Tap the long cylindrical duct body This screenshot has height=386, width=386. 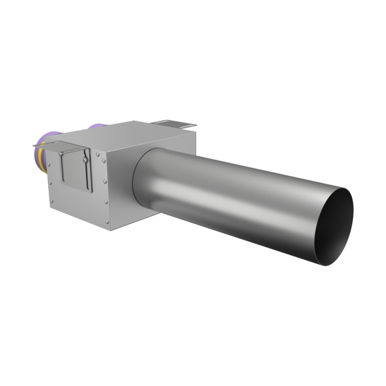coord(237,196)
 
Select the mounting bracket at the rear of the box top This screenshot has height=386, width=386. coord(173,124)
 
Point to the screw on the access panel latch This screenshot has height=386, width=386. coord(84,161)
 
